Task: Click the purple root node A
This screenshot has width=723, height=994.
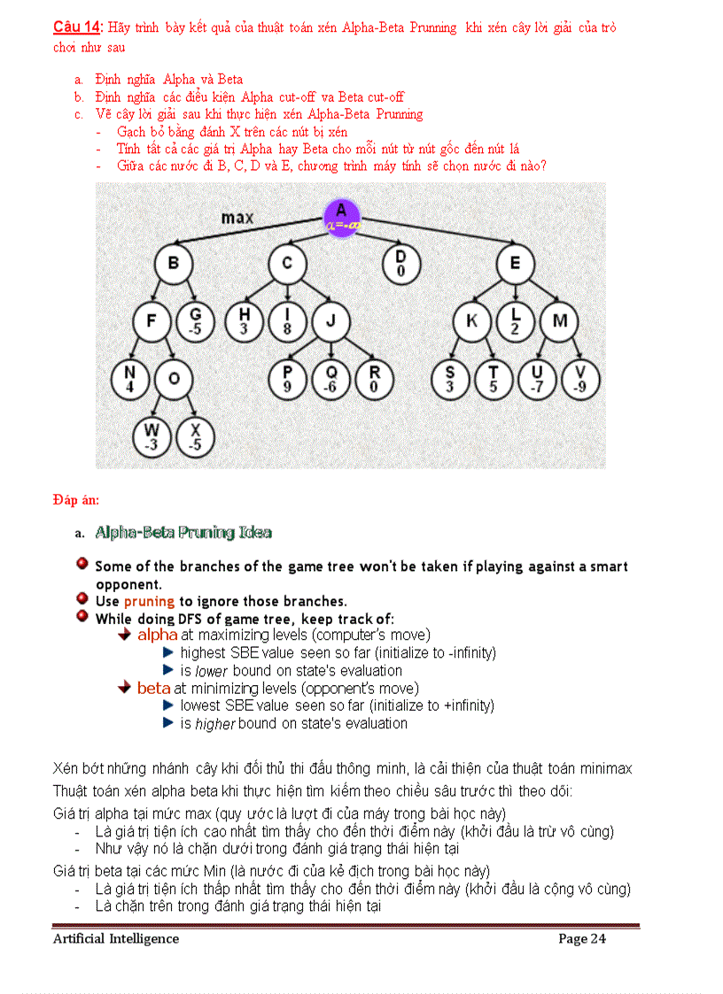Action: coord(342,217)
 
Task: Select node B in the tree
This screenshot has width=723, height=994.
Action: coord(174,263)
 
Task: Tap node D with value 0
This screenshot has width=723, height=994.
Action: coord(400,264)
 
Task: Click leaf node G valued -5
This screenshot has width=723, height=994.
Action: coord(196,321)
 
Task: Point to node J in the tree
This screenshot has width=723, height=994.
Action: coord(330,321)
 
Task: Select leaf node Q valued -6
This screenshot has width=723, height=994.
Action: coord(331,380)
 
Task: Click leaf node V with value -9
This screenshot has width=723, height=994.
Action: coord(580,380)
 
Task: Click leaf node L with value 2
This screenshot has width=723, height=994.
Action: coord(516,321)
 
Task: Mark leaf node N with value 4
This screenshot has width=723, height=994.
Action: coord(130,380)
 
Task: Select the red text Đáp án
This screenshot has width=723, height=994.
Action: coord(75,501)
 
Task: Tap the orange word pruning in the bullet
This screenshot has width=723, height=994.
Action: coord(149,601)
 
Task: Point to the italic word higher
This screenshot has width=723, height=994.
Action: coord(214,723)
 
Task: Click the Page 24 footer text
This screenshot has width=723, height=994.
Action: coord(581,938)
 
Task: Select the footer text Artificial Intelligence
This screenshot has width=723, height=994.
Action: coord(115,938)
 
